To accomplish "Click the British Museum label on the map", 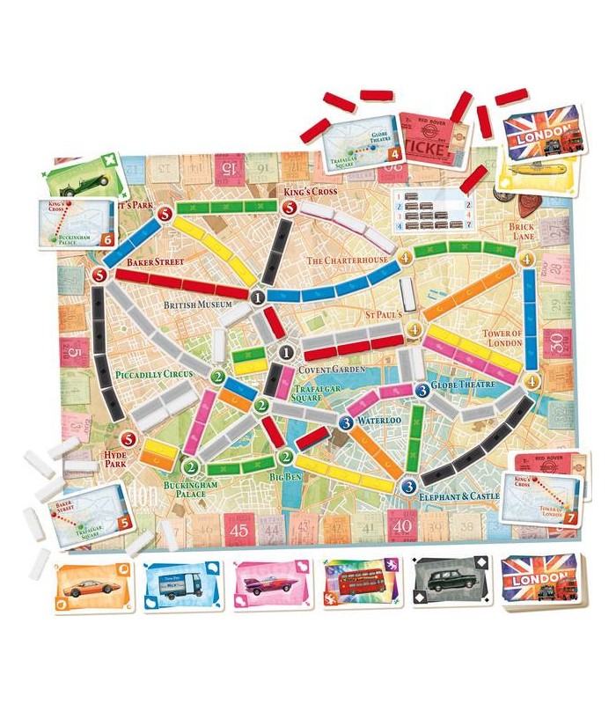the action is tap(197, 304).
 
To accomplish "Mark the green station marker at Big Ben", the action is tap(285, 457).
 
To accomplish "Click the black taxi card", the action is tap(449, 582).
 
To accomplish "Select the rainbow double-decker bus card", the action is tap(357, 582).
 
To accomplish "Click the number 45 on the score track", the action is tap(239, 532).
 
